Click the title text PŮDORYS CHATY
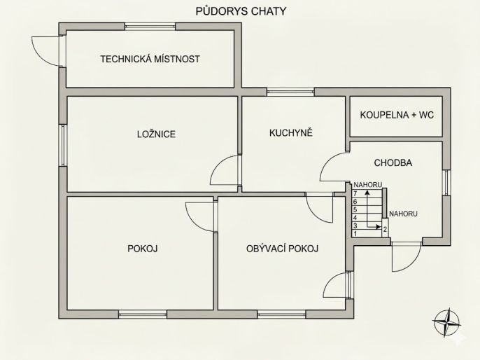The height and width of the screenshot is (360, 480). point(240,11)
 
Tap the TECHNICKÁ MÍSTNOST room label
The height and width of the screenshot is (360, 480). point(150,59)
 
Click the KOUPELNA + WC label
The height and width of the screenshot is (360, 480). point(397,114)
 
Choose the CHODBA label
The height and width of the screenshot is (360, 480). point(393,162)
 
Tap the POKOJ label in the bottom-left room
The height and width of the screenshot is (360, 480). point(142,248)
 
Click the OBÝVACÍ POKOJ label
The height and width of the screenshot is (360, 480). point(283,248)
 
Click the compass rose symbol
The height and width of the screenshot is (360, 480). point(446,323)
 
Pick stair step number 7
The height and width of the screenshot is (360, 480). point(355,193)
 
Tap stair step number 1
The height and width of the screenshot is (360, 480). point(355,234)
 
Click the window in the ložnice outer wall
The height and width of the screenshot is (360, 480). point(63,146)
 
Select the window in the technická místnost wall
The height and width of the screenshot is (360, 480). point(150,27)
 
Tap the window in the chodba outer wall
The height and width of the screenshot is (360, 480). point(446,184)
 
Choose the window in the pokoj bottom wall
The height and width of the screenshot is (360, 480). point(143,312)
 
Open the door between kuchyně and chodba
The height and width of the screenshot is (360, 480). point(334,168)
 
